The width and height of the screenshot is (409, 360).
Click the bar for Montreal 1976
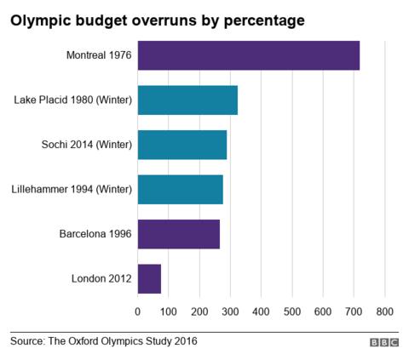(248, 55)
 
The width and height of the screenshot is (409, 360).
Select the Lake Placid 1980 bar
(187, 100)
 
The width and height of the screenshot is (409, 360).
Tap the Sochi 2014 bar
(181, 145)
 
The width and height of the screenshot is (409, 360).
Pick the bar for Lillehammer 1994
(180, 189)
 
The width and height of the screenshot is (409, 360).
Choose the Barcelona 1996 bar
(178, 234)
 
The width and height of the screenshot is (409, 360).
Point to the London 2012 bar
(149, 278)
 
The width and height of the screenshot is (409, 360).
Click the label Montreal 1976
(99, 55)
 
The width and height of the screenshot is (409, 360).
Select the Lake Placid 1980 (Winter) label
(73, 100)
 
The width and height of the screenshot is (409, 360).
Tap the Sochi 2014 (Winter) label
(86, 145)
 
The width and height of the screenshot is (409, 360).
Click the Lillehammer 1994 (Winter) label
(72, 189)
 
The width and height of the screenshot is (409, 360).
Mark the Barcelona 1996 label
(95, 234)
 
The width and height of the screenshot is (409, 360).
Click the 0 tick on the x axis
(138, 311)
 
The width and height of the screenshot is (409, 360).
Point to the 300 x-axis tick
(230, 311)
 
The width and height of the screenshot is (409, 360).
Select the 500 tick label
(292, 311)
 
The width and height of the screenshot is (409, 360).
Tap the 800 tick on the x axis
(384, 311)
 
